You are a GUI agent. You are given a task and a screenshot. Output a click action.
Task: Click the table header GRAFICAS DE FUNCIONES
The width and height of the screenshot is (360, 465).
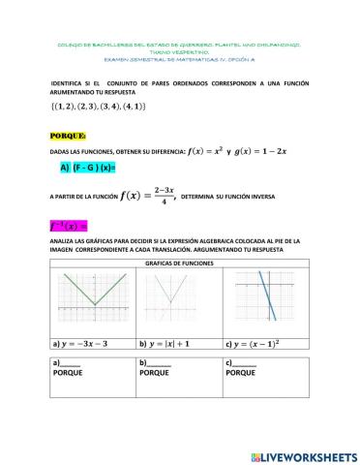click(x=179, y=263)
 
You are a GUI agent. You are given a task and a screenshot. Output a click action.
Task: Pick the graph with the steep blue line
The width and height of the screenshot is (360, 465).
click(x=266, y=300)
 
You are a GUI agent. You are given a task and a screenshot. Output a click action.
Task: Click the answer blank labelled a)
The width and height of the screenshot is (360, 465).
click(x=68, y=361)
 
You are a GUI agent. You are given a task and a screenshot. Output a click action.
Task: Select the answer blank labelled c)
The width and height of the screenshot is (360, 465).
click(x=243, y=361)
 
